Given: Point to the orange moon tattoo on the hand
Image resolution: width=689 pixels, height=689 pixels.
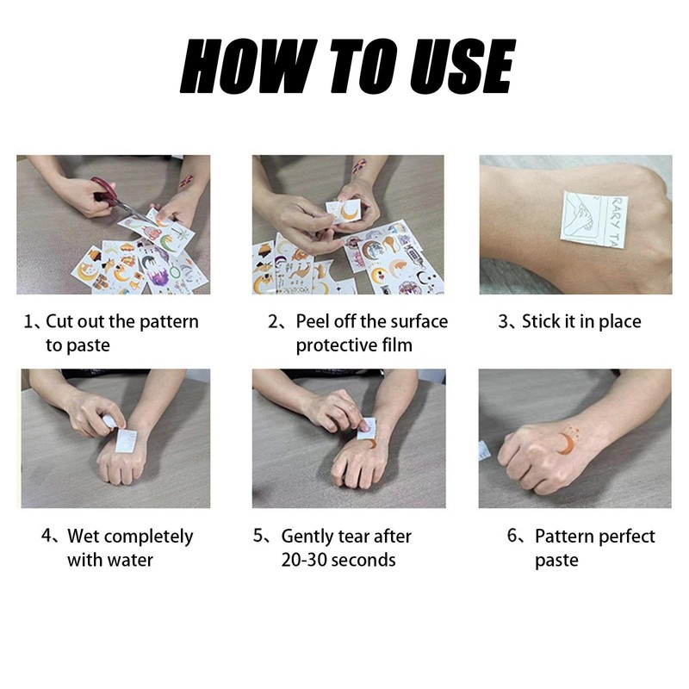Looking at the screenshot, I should coord(564,442).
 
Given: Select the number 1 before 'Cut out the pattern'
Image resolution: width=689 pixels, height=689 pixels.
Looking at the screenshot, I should coord(28,322).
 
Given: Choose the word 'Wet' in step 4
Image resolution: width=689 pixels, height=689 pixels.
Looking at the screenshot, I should coord(84,537).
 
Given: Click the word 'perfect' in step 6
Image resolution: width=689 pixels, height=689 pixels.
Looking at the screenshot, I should coord(624,537).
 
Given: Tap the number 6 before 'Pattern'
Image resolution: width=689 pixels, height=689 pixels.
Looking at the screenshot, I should coord(513,537).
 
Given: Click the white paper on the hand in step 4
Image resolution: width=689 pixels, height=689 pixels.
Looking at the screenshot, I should coord(127,438).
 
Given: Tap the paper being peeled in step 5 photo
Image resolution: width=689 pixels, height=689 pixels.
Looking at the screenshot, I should coord(366,428).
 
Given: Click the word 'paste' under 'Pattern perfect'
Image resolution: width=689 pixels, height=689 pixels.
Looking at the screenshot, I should coord(556,560).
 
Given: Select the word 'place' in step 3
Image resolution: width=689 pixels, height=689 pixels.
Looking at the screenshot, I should coord(618,322).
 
